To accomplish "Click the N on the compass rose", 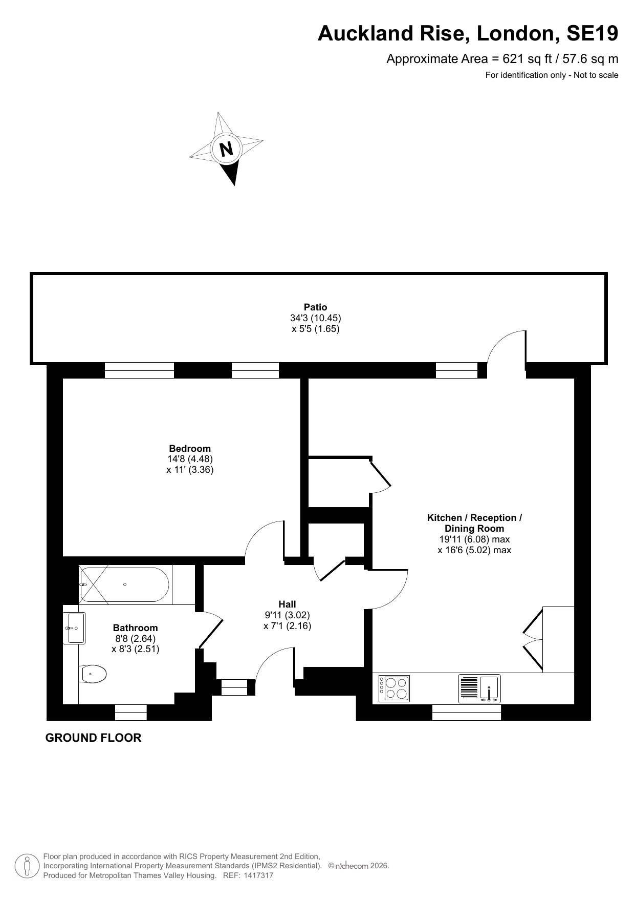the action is [226, 149].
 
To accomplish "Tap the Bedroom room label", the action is [190, 449].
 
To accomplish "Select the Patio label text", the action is [315, 307].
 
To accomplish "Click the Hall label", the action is [287, 604].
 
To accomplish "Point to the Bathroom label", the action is [135, 628].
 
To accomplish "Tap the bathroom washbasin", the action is [74, 628].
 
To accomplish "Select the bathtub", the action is [124, 584].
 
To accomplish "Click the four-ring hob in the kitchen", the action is [393, 688].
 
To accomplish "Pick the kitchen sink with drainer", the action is [479, 688].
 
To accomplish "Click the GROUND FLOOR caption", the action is [93, 738].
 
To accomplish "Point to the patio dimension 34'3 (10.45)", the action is [315, 318].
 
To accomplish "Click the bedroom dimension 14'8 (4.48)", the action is [190, 459].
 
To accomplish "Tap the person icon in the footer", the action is [27, 866].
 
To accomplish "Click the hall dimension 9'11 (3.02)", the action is [287, 615].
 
